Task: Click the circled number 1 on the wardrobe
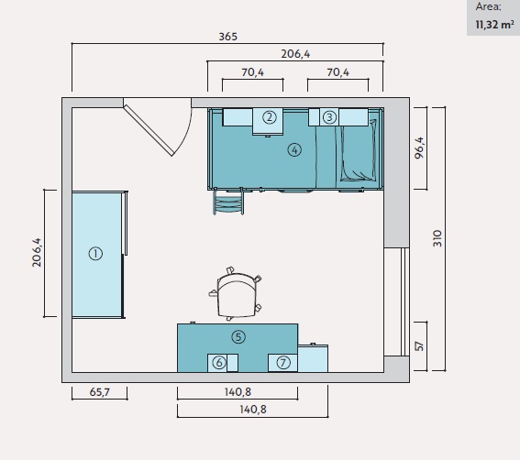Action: (x=95, y=254)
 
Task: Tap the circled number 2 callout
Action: (x=270, y=117)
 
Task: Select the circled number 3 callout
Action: (x=329, y=117)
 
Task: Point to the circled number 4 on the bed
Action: (x=294, y=150)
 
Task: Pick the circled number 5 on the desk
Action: (x=238, y=337)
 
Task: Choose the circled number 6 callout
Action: (x=219, y=363)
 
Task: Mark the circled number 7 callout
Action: (x=282, y=363)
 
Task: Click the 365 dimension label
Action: (x=227, y=37)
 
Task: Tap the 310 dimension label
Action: (x=437, y=238)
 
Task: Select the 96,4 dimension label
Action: (x=419, y=148)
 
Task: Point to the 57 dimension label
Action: (x=419, y=346)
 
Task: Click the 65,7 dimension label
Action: (x=99, y=392)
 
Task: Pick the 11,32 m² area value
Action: (x=495, y=25)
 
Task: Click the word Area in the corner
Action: (x=489, y=6)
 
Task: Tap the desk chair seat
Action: (x=237, y=295)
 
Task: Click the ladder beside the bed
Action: (x=228, y=202)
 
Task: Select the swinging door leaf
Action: (x=149, y=130)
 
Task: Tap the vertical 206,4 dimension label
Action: (x=37, y=253)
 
